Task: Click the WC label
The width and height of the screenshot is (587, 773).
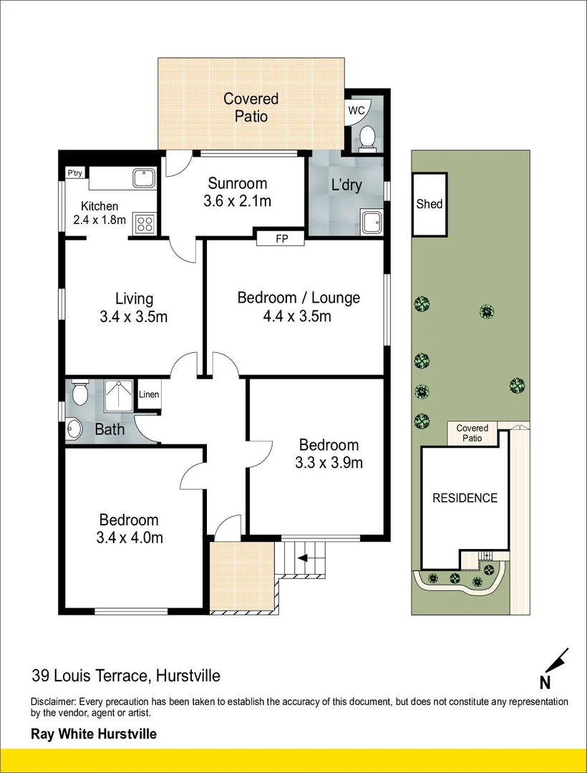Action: [356, 110]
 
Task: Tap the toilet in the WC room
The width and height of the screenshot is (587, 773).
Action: [367, 137]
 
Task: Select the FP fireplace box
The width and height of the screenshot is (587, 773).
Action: [281, 239]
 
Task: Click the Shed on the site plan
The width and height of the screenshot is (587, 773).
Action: [430, 204]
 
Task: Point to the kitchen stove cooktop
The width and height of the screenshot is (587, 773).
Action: [144, 223]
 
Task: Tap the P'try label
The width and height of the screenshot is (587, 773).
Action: [74, 173]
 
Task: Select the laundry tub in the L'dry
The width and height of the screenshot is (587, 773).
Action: [372, 222]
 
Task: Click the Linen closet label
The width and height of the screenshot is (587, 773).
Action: [149, 394]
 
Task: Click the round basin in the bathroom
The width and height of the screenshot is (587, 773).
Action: [74, 429]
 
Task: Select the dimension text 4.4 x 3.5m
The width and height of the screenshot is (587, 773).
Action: [299, 316]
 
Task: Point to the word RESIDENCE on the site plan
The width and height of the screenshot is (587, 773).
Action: [465, 498]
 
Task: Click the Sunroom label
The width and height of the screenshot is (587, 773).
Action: [238, 183]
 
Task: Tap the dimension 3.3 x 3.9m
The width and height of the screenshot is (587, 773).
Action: [329, 462]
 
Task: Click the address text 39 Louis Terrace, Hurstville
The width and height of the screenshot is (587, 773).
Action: [125, 675]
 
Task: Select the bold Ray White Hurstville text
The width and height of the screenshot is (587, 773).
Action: [93, 734]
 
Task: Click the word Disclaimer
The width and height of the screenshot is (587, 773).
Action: [53, 702]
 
